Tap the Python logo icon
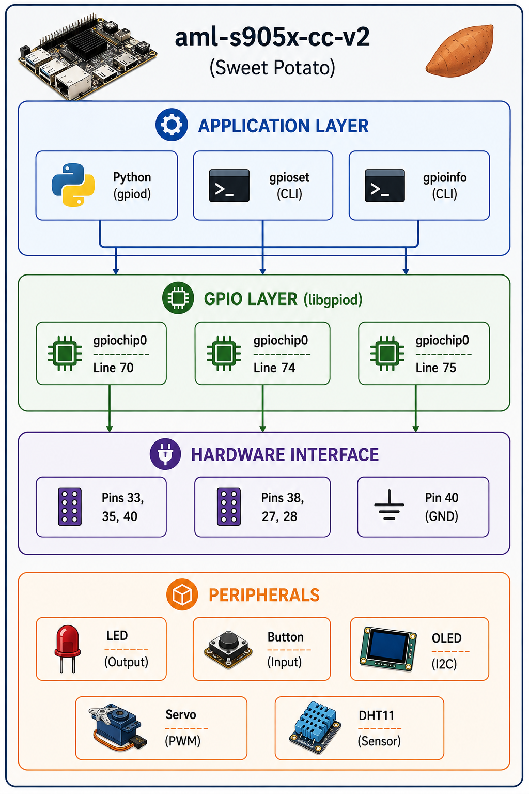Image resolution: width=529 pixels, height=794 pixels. click(73, 185)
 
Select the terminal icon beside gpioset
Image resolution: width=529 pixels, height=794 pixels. click(229, 186)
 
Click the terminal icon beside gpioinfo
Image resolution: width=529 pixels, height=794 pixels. click(384, 186)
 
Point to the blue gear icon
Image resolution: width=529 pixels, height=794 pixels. click(172, 125)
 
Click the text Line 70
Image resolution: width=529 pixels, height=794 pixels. click(113, 368)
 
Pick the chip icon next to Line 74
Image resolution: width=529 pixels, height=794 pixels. click(224, 353)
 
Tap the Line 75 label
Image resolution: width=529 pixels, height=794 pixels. click(436, 368)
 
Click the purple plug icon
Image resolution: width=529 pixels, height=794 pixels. click(165, 454)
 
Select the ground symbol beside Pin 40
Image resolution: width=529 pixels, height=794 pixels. click(389, 505)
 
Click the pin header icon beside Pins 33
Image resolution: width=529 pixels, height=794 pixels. click(70, 507)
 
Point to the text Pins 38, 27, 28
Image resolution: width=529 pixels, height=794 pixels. click(283, 507)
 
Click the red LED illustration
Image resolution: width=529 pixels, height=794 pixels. click(67, 648)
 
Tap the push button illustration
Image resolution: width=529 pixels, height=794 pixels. click(228, 649)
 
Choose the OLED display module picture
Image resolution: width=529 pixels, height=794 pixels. click(387, 649)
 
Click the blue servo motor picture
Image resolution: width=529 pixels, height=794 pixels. click(117, 727)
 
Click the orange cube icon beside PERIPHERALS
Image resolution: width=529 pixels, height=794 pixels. click(182, 594)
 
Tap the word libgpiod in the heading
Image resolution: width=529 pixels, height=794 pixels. click(333, 300)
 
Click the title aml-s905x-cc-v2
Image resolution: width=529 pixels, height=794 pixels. click(272, 38)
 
